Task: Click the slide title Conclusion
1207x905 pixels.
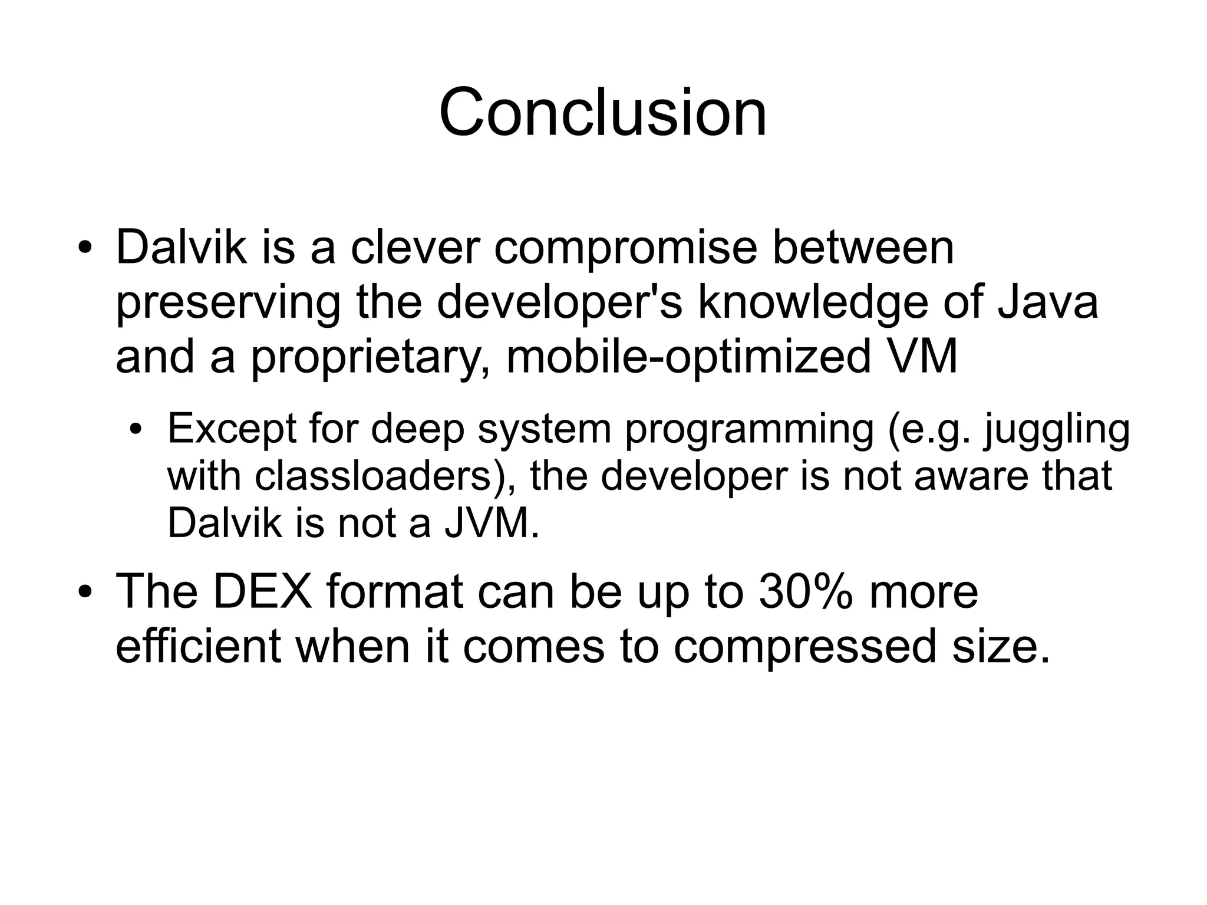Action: click(x=603, y=112)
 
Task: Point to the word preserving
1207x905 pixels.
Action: click(x=228, y=302)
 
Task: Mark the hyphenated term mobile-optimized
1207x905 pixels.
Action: click(x=688, y=357)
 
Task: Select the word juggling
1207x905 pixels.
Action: click(x=1057, y=430)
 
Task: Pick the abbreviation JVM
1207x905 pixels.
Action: click(x=490, y=522)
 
